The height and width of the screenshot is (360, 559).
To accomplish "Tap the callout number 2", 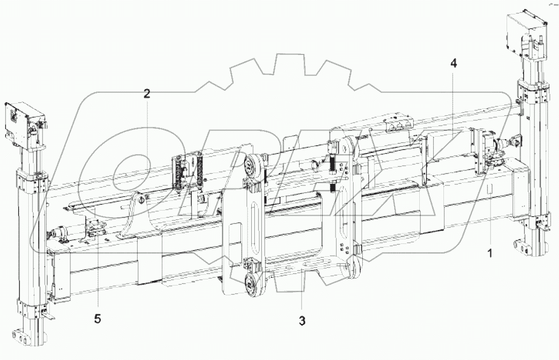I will (147, 94).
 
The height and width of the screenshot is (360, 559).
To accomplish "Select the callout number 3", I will (302, 321).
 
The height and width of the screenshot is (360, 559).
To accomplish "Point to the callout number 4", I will (453, 64).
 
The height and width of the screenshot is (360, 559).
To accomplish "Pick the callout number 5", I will (98, 318).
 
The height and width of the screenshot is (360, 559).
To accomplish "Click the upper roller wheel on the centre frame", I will (253, 165).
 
